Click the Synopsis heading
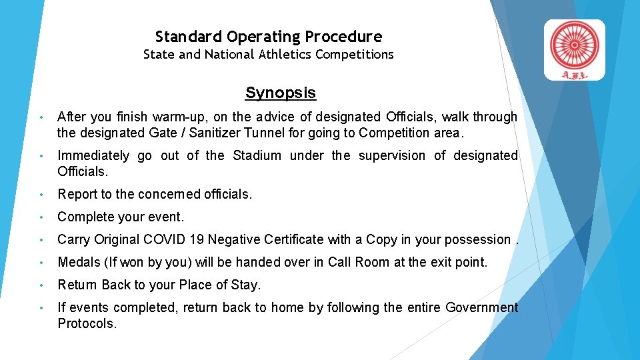(280, 93)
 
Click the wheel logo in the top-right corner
(574, 43)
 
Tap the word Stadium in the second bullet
(257, 155)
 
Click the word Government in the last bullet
(481, 307)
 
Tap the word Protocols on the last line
(87, 323)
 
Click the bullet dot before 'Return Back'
(41, 285)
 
